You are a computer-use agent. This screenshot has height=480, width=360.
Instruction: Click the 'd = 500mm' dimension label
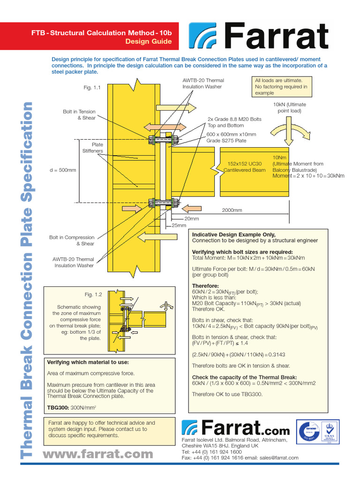pyautogui.click(x=62, y=170)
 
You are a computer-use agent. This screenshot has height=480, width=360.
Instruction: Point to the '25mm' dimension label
pyautogui.click(x=179, y=225)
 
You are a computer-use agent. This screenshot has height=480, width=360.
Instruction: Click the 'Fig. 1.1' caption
pyautogui.click(x=92, y=87)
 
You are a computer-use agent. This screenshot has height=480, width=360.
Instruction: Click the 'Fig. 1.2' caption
pyautogui.click(x=93, y=294)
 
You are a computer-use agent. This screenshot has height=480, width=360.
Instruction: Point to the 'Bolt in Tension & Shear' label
pyautogui.click(x=79, y=115)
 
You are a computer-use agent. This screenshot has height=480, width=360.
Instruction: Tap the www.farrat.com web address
pyautogui.click(x=97, y=454)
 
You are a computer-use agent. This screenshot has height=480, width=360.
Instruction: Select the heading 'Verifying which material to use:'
pyautogui.click(x=88, y=362)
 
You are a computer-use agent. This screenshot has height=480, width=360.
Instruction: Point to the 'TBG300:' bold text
pyautogui.click(x=58, y=407)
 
